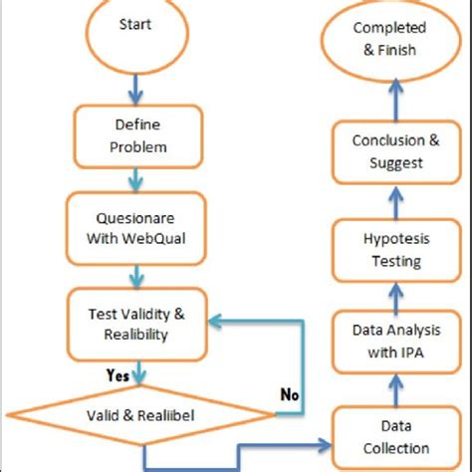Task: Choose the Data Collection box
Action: [395, 438]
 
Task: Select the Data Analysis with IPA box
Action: [395, 338]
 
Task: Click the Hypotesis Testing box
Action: [395, 252]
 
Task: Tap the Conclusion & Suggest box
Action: [395, 150]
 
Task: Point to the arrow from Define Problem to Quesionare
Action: [136, 179]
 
